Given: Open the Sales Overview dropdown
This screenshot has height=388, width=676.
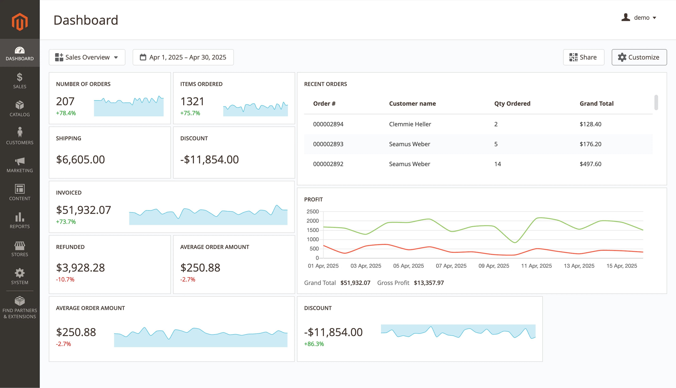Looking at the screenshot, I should click(x=87, y=57).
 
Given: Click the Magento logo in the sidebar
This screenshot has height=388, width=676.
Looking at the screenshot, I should click(x=20, y=22).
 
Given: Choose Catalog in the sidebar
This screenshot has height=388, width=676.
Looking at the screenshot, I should click(x=20, y=109).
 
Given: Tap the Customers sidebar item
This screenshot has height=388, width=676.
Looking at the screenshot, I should click(x=20, y=136).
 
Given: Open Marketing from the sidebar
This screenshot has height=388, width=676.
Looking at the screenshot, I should click(x=20, y=165).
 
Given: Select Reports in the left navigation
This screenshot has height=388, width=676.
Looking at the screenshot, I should click(x=20, y=221).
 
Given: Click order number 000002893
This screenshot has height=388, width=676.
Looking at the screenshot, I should click(x=328, y=144).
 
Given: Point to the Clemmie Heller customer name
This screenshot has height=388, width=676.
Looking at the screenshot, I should click(x=410, y=124).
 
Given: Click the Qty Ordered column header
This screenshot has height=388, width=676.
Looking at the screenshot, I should click(x=512, y=104).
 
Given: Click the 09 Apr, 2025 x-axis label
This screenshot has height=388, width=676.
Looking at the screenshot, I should click(x=494, y=266).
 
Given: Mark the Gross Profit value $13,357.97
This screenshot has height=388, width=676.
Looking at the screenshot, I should click(x=429, y=283).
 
